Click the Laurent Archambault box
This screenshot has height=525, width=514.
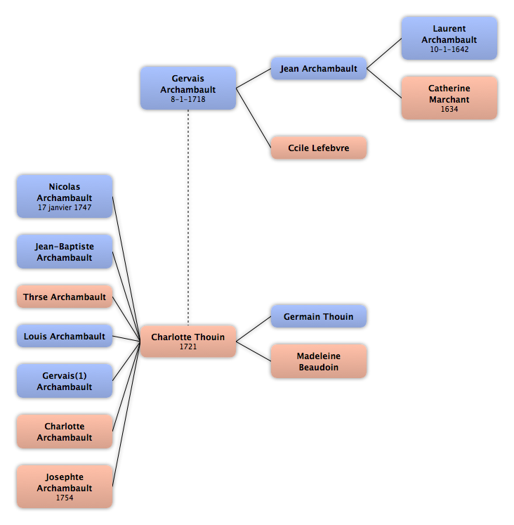coord(449,39)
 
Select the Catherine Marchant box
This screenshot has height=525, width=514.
coord(449,98)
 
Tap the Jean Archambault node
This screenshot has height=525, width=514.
coord(319,69)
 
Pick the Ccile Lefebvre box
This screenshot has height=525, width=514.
coord(319,148)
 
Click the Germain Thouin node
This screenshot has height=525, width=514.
coord(319,316)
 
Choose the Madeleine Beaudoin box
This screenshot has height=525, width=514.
coord(319,361)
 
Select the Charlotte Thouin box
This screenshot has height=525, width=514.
coord(188,341)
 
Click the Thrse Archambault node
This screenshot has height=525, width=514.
coord(65,297)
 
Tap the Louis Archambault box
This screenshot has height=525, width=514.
coord(65,336)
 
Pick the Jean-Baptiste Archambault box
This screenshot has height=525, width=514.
coord(65,252)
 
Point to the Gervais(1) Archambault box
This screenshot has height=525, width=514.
coord(65,381)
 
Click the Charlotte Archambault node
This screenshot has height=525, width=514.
coord(65,432)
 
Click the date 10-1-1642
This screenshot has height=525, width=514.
coord(449,49)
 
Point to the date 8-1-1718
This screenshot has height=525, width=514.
coord(188,99)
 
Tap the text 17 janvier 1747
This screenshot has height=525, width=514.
coord(65,207)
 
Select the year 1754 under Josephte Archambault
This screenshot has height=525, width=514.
coord(65,498)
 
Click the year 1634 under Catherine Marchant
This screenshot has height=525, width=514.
coord(449,109)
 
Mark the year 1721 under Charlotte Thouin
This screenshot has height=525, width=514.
coord(188,346)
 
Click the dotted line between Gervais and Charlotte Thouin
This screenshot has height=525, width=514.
coord(188,218)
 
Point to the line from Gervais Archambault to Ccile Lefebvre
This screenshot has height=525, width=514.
coord(253,118)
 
